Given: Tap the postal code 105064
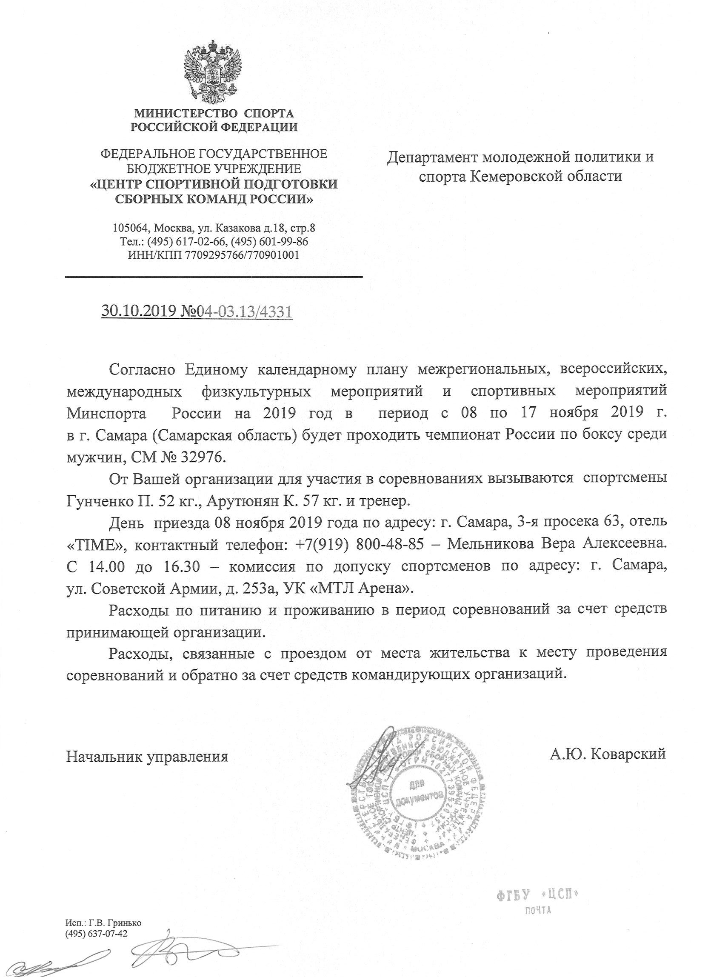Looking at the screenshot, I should (131, 228).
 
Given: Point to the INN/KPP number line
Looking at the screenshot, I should (214, 255).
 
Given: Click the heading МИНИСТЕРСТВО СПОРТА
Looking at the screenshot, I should (214, 114).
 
